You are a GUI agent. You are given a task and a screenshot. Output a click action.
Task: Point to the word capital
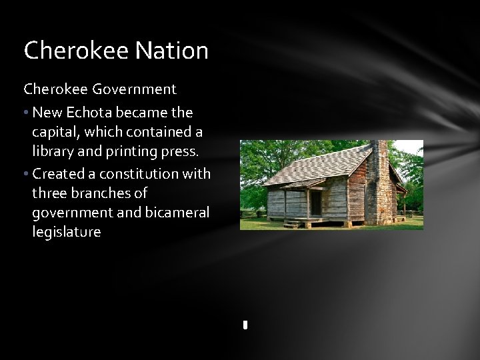[x=55, y=132]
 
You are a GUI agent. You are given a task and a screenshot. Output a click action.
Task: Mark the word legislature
[x=66, y=232]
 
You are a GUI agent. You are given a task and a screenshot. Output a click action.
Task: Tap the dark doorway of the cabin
[x=315, y=203]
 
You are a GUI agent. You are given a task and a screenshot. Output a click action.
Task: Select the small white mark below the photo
[x=245, y=325]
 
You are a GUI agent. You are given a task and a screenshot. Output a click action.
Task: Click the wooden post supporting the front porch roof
[x=286, y=203]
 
